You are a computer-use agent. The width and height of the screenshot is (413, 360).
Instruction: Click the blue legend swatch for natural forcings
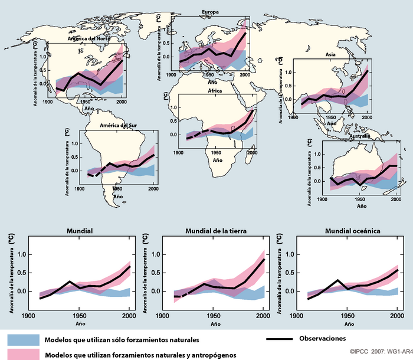23,340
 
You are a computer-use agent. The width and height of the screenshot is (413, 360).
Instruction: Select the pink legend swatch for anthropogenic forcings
23,354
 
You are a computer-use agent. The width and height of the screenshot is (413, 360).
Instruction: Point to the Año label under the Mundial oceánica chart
348,324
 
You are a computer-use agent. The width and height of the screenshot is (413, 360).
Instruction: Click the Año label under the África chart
217,160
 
